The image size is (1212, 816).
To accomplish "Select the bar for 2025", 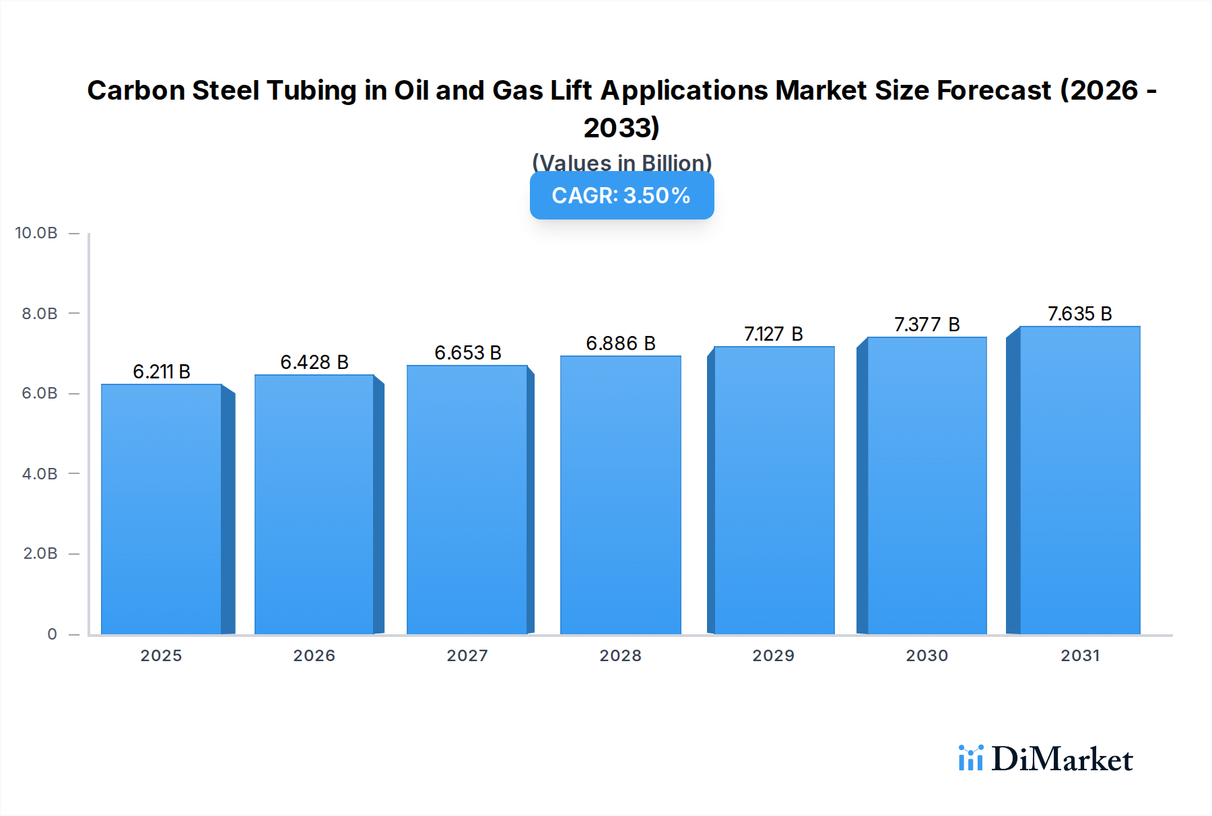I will tap(162, 509).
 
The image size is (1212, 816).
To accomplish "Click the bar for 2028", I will tap(620, 495).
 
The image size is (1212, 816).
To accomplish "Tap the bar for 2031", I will tap(1079, 480).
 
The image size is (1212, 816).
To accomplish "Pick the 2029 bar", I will tap(774, 490).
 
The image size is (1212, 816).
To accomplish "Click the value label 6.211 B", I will tap(162, 372).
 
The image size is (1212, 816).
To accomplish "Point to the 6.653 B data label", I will tap(468, 353).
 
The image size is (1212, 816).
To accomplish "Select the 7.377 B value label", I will tap(927, 325).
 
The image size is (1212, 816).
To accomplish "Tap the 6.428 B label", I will tap(314, 362).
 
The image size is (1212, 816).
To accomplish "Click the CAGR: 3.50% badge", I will tap(621, 195).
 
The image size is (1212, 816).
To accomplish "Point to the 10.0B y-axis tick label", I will tap(36, 233).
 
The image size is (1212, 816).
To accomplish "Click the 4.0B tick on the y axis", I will tap(40, 473).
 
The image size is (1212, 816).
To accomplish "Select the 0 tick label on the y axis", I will tap(52, 634).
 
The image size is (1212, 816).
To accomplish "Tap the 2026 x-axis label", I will tap(314, 655).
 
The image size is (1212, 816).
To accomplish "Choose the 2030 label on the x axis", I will tap(927, 655).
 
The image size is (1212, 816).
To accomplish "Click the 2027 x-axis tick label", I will tap(467, 655).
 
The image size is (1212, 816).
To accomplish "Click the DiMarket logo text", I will tap(1062, 759).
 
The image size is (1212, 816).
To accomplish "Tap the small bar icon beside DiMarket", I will tap(970, 758).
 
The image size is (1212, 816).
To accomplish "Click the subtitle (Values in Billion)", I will tap(621, 163).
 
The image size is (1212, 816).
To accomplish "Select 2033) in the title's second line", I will tap(621, 127).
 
